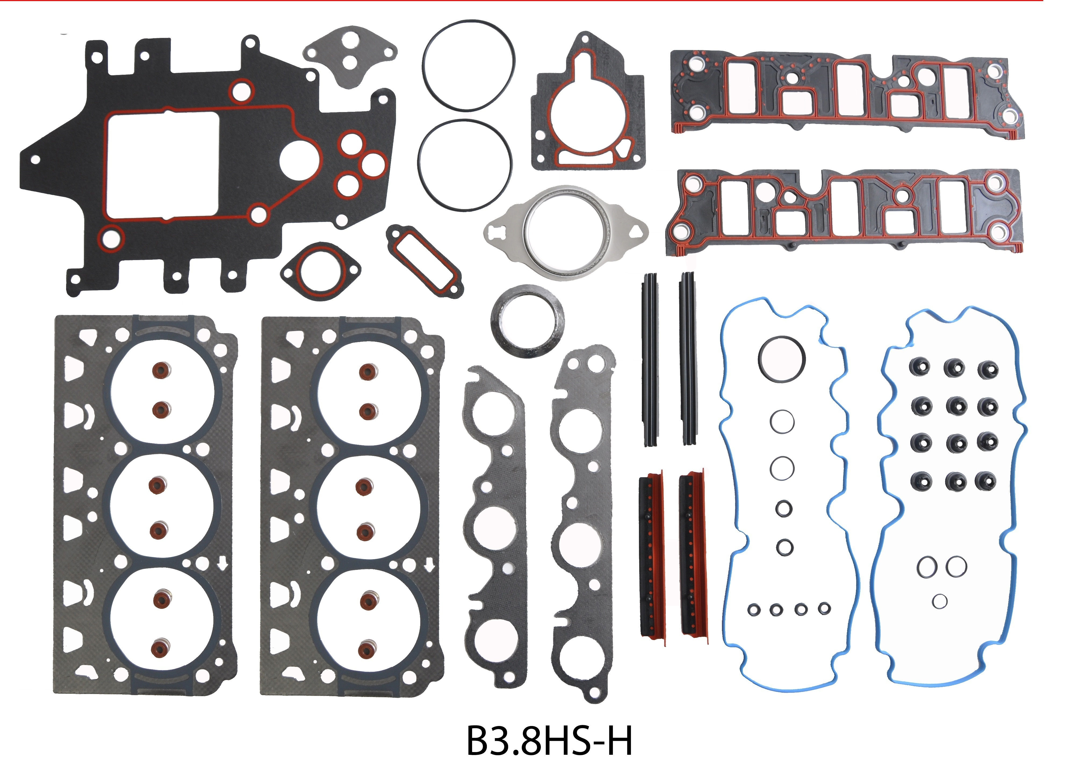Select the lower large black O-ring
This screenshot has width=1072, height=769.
(464, 166)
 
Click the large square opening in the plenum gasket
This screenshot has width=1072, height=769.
(163, 166)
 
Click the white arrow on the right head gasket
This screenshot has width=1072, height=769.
(429, 564)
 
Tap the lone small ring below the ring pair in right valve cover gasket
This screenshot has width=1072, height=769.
(939, 601)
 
